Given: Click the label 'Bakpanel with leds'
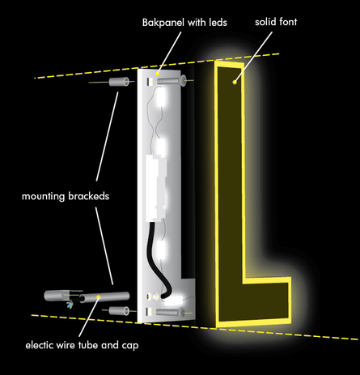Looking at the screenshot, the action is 184,23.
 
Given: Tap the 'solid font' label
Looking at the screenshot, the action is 276,22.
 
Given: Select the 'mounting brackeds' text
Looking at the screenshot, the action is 66,196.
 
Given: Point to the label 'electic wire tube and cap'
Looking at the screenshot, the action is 82,346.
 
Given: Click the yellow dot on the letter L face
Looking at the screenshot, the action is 235,82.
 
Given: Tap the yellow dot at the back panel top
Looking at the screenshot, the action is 157,74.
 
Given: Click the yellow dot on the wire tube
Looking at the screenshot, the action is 99,297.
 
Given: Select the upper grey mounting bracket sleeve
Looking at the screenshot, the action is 119,82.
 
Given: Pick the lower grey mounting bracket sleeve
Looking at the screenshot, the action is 119,311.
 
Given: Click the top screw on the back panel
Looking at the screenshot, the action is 172,81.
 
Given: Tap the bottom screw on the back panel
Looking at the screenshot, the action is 171,313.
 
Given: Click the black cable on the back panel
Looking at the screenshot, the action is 159,259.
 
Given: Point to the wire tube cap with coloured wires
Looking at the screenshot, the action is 63,297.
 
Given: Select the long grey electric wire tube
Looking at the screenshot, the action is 104,297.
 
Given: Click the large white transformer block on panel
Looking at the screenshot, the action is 155,188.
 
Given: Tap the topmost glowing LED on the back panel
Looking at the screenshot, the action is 162,98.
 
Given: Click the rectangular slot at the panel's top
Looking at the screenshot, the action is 149,82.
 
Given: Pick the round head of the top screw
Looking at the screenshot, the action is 184,81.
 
